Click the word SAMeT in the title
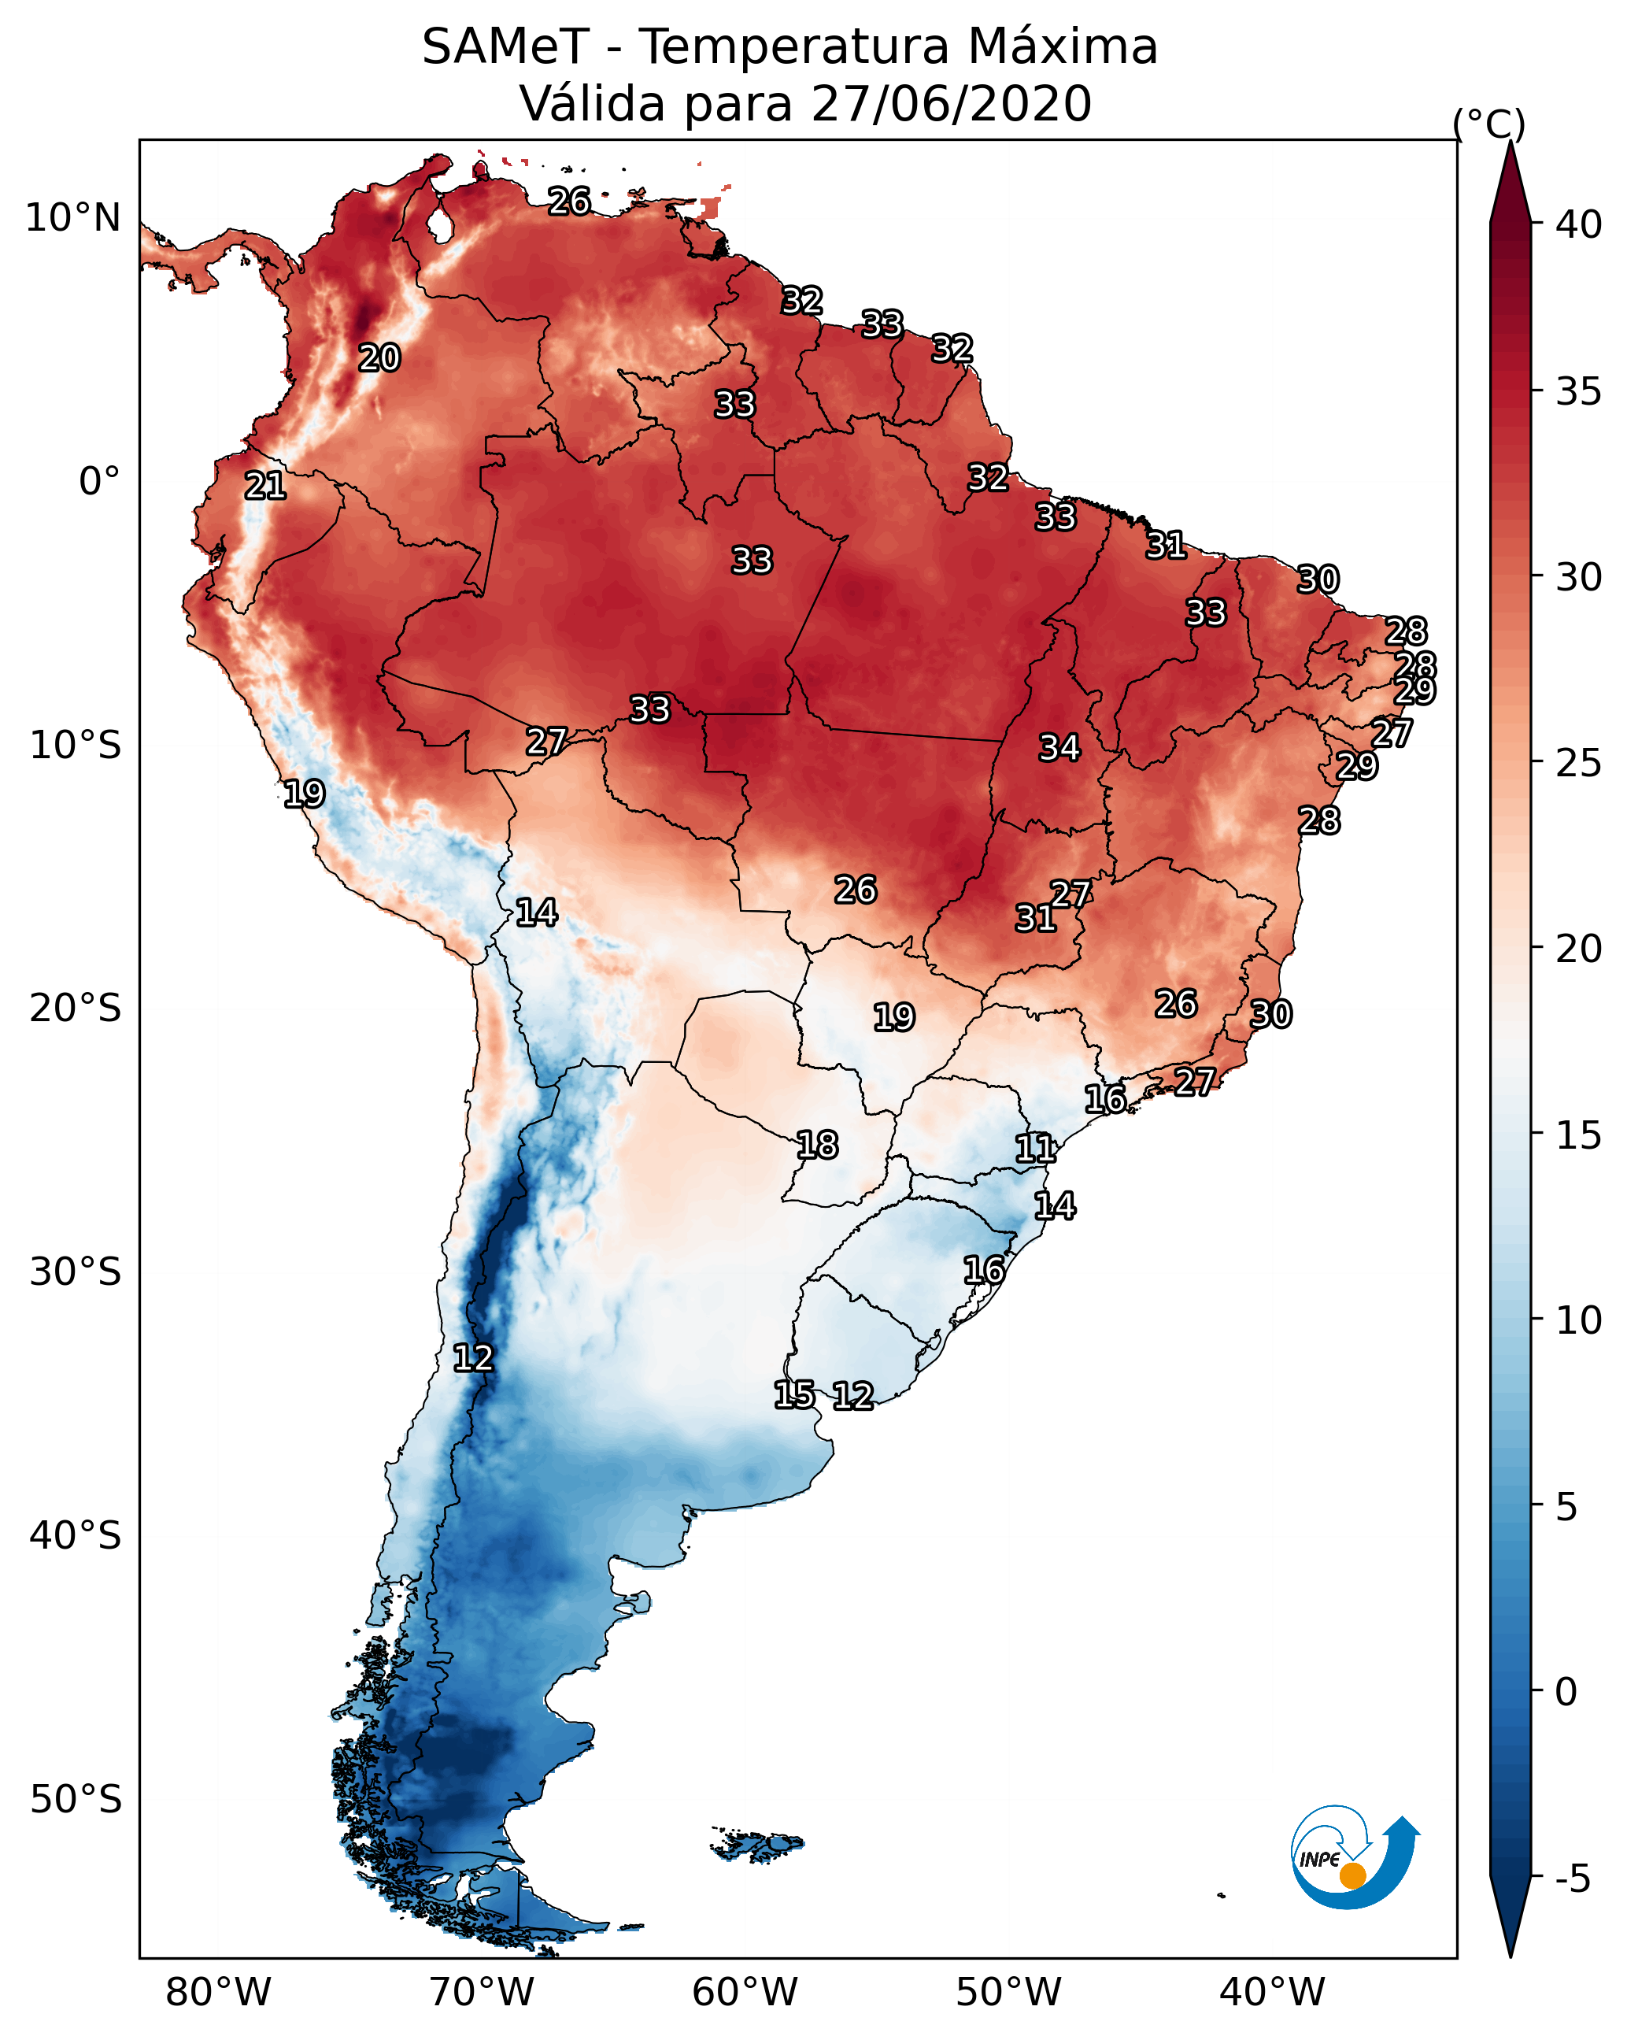pyautogui.click(x=505, y=47)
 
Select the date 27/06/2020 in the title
pyautogui.click(x=951, y=104)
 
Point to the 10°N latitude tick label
pyautogui.click(x=72, y=218)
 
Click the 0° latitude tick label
pyautogui.click(x=99, y=482)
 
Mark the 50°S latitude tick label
pyautogui.click(x=76, y=1799)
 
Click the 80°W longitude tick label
pyautogui.click(x=218, y=1993)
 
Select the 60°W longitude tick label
pyautogui.click(x=745, y=1993)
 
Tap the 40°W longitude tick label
pyautogui.click(x=1272, y=1993)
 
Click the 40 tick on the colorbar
pyautogui.click(x=1579, y=224)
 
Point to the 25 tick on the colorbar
pyautogui.click(x=1579, y=763)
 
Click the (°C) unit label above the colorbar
pyautogui.click(x=1489, y=124)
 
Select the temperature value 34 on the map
pyautogui.click(x=1059, y=748)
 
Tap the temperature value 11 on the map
pyautogui.click(x=1036, y=1149)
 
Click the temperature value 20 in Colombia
pyautogui.click(x=379, y=358)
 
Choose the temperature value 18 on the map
pyautogui.click(x=817, y=1146)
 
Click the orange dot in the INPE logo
pyautogui.click(x=1352, y=1875)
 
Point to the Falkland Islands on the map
pyautogui.click(x=757, y=1843)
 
